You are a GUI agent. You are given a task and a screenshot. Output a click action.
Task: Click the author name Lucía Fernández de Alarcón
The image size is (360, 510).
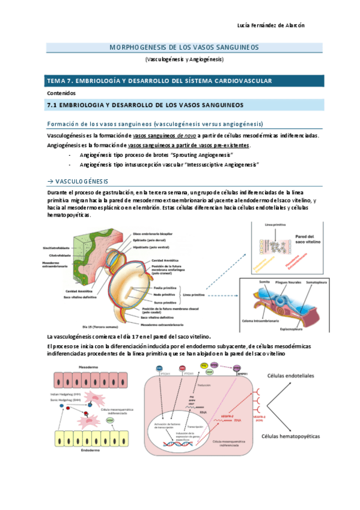271,25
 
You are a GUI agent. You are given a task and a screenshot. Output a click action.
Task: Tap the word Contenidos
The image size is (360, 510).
62,93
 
